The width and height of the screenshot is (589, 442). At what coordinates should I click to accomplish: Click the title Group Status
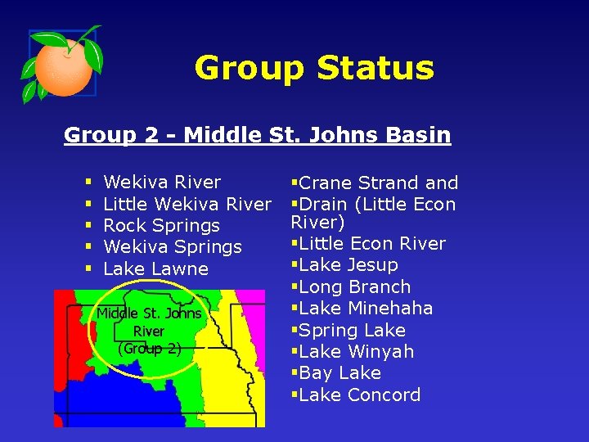click(314, 68)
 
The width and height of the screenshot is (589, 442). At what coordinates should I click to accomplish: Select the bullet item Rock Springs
click(162, 225)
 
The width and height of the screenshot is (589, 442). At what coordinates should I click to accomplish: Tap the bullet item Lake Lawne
click(156, 268)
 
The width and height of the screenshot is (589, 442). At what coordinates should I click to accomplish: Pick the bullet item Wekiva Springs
click(173, 246)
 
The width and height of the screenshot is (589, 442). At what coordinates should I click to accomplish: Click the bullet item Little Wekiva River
click(187, 204)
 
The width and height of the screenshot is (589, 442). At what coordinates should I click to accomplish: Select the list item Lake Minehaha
click(366, 309)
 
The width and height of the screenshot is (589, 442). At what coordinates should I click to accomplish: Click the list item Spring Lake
click(352, 330)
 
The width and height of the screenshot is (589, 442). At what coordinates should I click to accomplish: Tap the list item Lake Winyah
click(357, 352)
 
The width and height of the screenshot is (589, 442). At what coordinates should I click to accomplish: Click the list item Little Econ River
click(372, 244)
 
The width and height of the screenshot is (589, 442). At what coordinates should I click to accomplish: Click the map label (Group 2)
click(150, 348)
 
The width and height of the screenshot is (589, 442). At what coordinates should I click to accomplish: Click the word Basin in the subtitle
click(420, 134)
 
